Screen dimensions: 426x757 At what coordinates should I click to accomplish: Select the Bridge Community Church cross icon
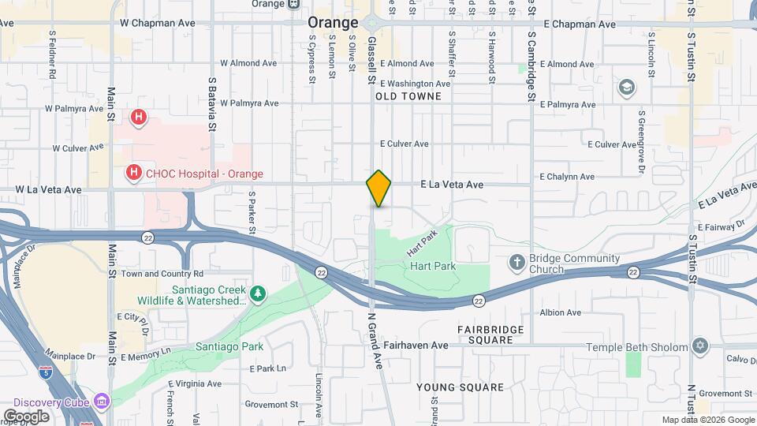pyautogui.click(x=517, y=261)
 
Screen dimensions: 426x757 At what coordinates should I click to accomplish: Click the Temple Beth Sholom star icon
pyautogui.click(x=699, y=346)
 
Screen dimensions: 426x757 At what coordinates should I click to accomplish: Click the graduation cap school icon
pyautogui.click(x=627, y=87)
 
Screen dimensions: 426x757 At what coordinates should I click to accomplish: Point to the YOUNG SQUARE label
pyautogui.click(x=460, y=387)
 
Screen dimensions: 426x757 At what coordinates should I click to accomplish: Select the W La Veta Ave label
pyautogui.click(x=49, y=190)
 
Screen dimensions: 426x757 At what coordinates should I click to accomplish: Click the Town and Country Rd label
pyautogui.click(x=162, y=274)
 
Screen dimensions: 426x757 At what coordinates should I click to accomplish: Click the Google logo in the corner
pyautogui.click(x=26, y=417)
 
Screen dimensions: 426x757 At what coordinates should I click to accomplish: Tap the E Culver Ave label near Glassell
pyautogui.click(x=404, y=144)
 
